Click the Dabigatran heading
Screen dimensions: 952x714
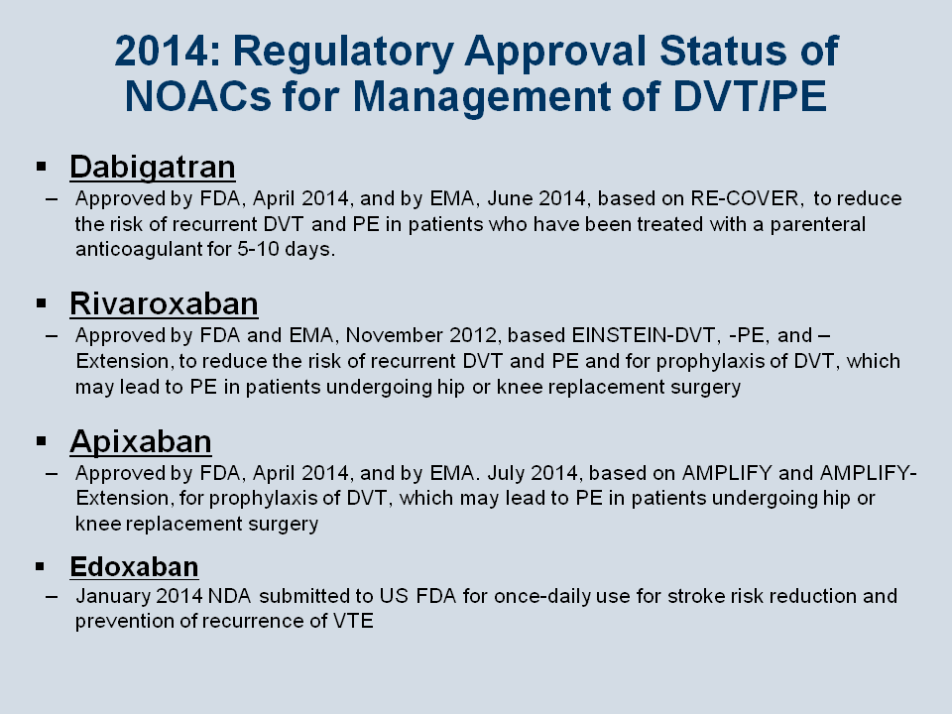click(153, 167)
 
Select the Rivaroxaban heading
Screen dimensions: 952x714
click(164, 303)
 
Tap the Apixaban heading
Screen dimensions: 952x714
click(141, 441)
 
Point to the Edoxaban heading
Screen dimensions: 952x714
click(134, 566)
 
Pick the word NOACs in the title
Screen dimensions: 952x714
click(198, 96)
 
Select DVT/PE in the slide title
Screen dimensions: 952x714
click(750, 96)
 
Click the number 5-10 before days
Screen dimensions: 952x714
click(258, 249)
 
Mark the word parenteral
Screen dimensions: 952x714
click(818, 225)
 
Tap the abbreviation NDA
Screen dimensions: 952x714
click(229, 596)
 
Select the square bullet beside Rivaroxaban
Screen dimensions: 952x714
click(42, 303)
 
